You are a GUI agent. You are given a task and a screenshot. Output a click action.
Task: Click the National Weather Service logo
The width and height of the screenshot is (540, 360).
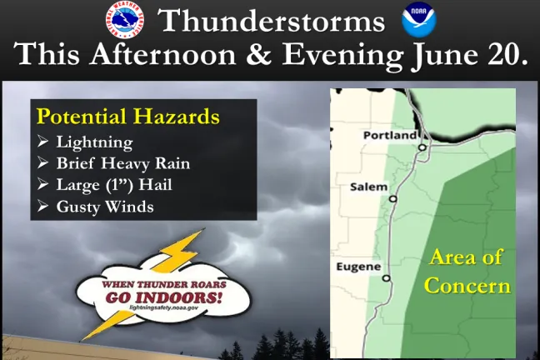(x=124, y=21)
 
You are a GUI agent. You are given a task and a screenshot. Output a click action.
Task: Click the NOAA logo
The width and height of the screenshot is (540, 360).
(x=419, y=21)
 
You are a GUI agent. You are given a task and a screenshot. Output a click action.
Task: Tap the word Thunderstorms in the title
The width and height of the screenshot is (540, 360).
(x=272, y=21)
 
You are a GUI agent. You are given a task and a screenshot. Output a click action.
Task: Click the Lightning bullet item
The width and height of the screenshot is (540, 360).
(x=93, y=142)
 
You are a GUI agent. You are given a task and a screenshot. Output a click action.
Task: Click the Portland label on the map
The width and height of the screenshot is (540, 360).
(x=389, y=135)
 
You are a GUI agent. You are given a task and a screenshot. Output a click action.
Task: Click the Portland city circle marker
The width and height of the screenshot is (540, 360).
(x=422, y=147)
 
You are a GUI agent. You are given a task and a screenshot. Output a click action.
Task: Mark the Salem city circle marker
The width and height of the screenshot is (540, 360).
(x=392, y=199)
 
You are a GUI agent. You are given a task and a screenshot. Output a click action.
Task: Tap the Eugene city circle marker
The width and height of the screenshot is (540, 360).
(x=386, y=278)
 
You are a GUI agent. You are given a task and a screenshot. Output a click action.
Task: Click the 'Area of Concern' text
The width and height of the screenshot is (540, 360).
(x=467, y=271)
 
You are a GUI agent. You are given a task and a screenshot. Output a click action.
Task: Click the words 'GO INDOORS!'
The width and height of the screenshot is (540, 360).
(x=162, y=295)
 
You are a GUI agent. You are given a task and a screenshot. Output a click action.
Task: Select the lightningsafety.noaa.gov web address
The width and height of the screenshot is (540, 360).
(x=162, y=307)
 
